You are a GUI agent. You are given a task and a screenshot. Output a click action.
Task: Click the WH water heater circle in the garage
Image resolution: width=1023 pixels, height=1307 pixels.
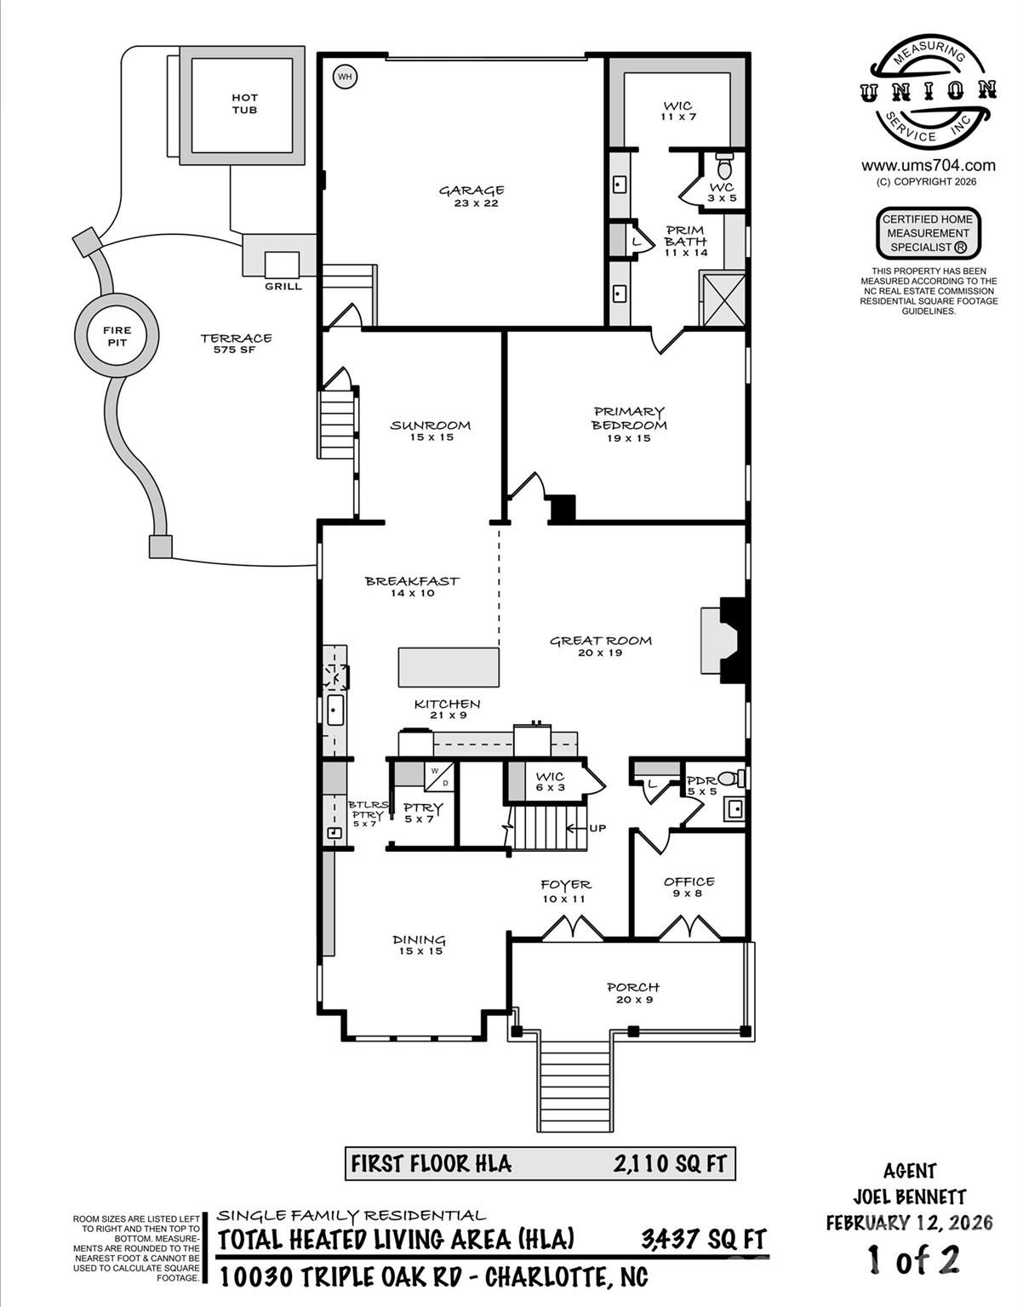point(345,77)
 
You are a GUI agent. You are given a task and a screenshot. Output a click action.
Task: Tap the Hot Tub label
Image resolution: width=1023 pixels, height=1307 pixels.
point(244,104)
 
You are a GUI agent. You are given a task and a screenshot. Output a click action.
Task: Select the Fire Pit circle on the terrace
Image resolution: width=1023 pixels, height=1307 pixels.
point(117,336)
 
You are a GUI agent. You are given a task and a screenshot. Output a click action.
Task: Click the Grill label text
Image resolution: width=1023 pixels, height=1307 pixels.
point(283,287)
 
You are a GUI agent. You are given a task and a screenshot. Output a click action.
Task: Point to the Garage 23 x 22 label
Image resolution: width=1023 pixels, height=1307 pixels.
point(471,197)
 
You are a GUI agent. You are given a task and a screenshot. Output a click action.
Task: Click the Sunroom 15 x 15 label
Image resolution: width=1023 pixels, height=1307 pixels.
point(430,431)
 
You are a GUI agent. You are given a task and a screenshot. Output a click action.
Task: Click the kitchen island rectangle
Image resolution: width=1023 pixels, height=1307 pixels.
point(449,667)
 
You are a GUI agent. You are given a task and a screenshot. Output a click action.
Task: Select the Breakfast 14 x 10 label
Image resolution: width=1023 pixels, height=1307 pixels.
point(412,586)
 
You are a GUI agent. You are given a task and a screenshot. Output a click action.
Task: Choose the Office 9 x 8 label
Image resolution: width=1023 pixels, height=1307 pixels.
point(689,888)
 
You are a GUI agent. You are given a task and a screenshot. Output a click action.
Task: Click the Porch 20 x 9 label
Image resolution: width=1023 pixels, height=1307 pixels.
point(632,993)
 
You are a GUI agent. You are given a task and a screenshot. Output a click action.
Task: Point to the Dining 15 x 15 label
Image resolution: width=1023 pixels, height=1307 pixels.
point(420,945)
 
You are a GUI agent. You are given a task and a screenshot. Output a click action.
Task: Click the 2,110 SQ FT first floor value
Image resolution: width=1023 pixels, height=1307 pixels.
point(670,1163)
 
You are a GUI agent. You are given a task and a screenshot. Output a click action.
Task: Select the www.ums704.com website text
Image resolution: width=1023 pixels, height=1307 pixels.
point(928,165)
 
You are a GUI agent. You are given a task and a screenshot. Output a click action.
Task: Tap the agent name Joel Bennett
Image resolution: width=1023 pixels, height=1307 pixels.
point(909,1196)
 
